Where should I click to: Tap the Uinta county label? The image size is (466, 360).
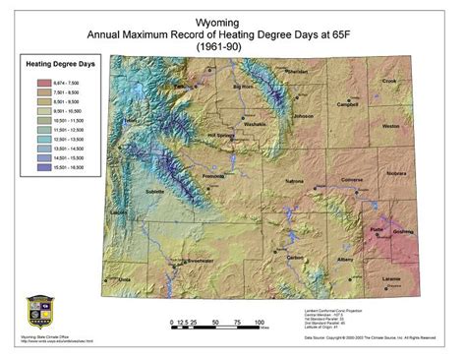point(124,279)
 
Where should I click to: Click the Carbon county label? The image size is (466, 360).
point(293,258)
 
